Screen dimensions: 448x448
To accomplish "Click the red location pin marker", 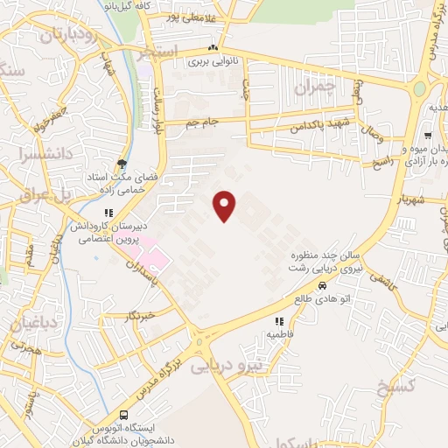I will [226, 205].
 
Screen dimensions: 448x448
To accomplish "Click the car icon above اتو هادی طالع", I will [322, 286].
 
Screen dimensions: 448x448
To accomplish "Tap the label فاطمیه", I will [279, 334].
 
